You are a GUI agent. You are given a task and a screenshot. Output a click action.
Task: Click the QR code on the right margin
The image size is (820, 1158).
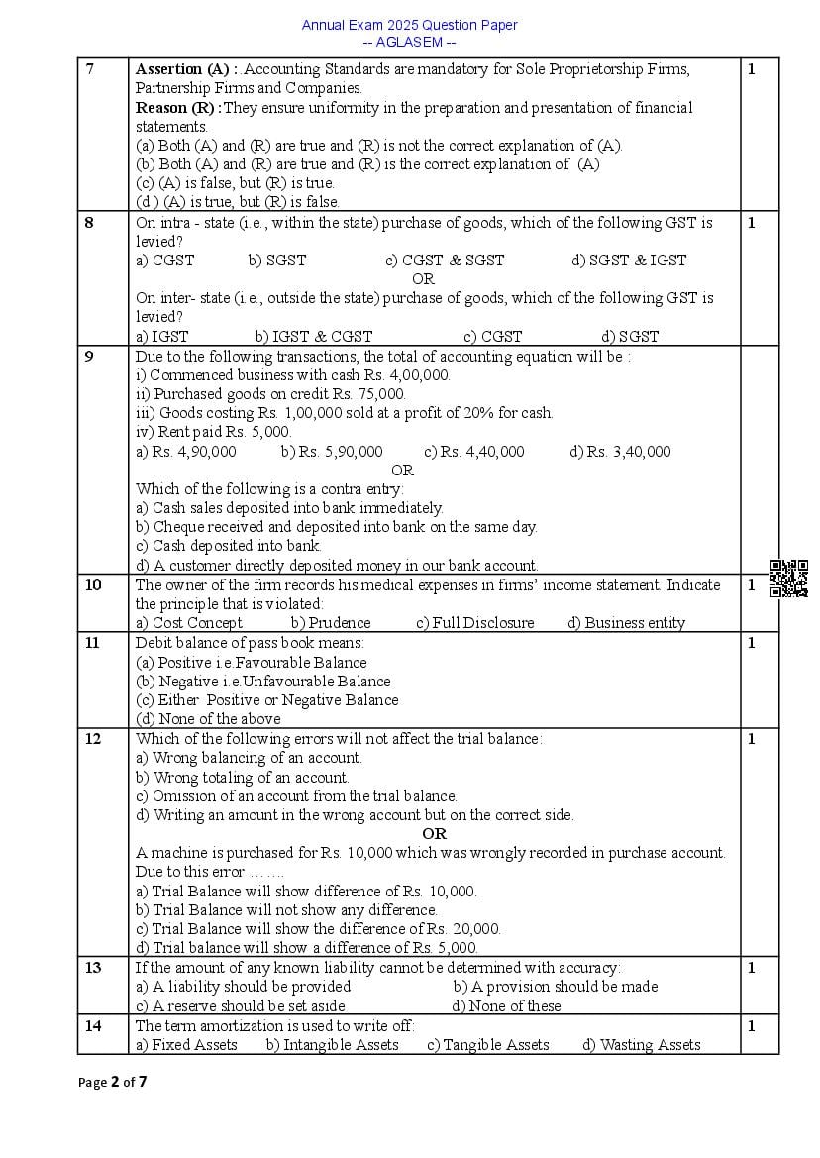pos(789,579)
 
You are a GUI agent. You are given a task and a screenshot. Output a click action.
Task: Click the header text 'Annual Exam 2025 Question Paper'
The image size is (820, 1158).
pos(409,25)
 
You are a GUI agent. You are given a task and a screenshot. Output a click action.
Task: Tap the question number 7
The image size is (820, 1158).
pos(90,69)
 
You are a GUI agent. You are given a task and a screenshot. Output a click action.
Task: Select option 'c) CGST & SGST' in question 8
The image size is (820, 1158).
pos(445,261)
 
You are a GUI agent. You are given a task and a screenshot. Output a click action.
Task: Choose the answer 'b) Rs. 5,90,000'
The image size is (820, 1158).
pos(332,452)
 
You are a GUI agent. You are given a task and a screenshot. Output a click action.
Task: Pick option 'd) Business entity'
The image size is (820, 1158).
pos(626,623)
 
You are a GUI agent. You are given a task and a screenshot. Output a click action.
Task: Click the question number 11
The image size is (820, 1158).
pos(93,643)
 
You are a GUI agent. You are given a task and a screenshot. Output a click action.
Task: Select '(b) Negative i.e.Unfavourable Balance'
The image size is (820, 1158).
pos(263,682)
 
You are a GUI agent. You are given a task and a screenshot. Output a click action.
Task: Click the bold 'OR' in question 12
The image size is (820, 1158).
pos(434,834)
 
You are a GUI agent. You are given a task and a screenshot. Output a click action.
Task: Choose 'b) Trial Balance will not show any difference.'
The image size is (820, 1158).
pos(286,910)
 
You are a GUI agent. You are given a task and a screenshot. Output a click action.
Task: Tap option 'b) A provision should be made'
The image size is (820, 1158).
pos(555,987)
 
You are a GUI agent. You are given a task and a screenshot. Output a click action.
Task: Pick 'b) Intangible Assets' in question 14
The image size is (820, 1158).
pos(332,1045)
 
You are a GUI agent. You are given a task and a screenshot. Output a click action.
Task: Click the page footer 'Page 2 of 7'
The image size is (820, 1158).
pos(113,1082)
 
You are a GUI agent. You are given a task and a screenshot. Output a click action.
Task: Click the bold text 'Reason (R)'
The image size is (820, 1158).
pos(177,108)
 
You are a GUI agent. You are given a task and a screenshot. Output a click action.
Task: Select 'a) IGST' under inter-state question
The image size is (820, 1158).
pos(161,337)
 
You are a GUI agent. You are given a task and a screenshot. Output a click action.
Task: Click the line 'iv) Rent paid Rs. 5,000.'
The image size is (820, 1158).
pos(213,432)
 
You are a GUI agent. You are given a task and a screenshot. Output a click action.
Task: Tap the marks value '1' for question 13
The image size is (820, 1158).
pos(752,968)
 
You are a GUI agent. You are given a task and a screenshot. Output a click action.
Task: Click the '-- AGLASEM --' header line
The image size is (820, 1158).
pos(409,42)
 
